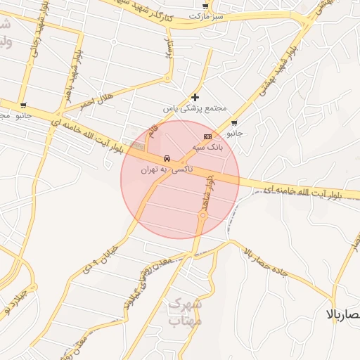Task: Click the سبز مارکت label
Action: [208, 15]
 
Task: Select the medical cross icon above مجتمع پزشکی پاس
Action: [195, 97]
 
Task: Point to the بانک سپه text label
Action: [207, 147]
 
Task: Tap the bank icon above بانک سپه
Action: [207, 136]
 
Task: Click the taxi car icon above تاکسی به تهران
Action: [166, 158]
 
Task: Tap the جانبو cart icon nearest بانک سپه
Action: [233, 122]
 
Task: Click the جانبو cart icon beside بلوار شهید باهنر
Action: [23, 105]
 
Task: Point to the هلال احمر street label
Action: [95, 103]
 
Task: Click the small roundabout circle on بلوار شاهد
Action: [202, 217]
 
